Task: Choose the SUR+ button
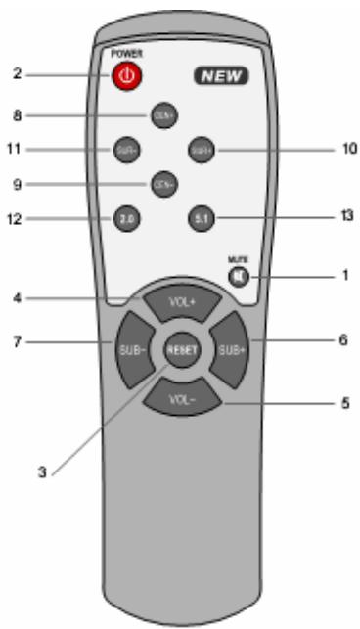(202, 151)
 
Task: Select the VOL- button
(179, 399)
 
